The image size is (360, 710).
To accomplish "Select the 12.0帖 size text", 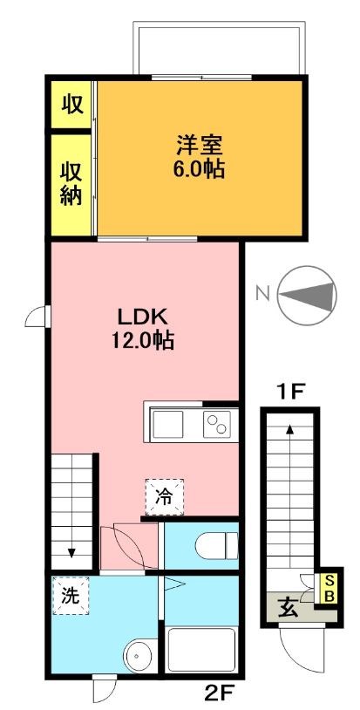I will point(142,340).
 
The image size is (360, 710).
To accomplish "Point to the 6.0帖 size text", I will point(200,168).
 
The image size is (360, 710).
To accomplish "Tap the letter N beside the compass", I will point(261,294).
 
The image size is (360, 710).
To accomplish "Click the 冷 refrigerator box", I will point(163,497).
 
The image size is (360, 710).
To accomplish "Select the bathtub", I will point(201,652).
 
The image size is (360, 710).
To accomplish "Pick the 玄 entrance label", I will point(286,605).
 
